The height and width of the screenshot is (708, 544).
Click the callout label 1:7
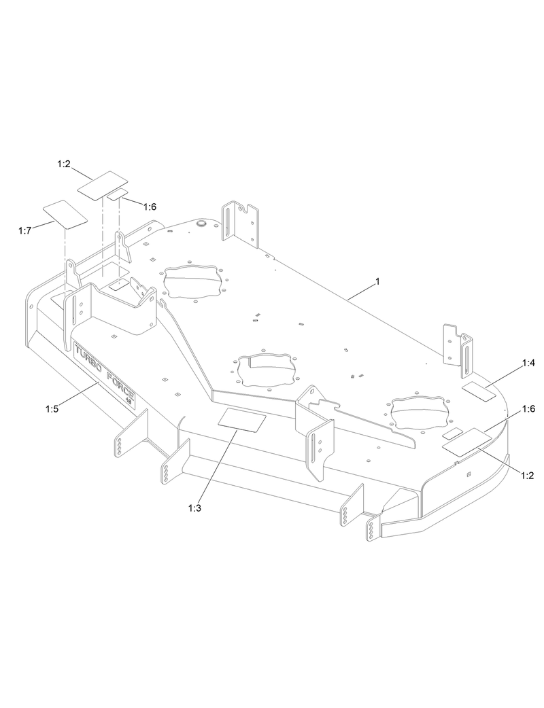[x=24, y=231]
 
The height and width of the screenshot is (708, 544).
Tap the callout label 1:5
[x=52, y=408]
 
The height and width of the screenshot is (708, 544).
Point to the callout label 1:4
[x=528, y=364]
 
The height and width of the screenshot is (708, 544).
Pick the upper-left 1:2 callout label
[x=65, y=164]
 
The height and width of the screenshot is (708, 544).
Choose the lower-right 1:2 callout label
[x=526, y=476]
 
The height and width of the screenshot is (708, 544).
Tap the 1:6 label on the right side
[x=528, y=409]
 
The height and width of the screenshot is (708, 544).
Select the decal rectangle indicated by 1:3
[x=241, y=421]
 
